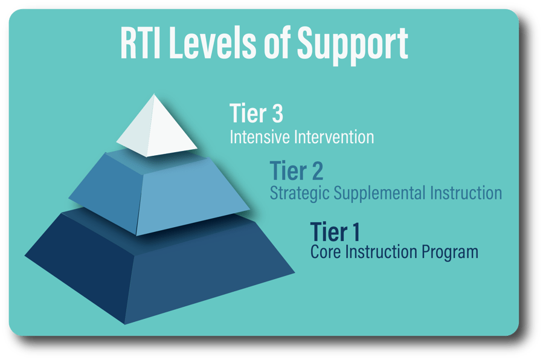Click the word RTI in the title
pyautogui.click(x=143, y=43)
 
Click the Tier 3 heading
pyautogui.click(x=257, y=114)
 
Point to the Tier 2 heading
pyautogui.click(x=296, y=171)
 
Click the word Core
pyautogui.click(x=324, y=251)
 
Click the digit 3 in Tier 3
pyautogui.click(x=276, y=114)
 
